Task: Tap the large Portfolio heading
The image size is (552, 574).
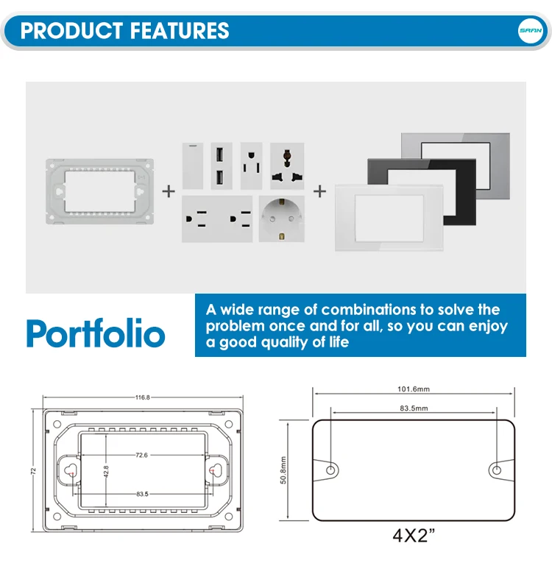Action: pyautogui.click(x=96, y=333)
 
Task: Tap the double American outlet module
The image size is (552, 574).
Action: pyautogui.click(x=217, y=219)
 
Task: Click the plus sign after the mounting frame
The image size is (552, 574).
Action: pyautogui.click(x=169, y=191)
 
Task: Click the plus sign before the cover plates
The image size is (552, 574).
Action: pyautogui.click(x=320, y=191)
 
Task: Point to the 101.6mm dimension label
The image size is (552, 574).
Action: pyautogui.click(x=414, y=390)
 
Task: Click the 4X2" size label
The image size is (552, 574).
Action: pyautogui.click(x=414, y=535)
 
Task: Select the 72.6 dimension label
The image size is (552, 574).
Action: pyautogui.click(x=141, y=456)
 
